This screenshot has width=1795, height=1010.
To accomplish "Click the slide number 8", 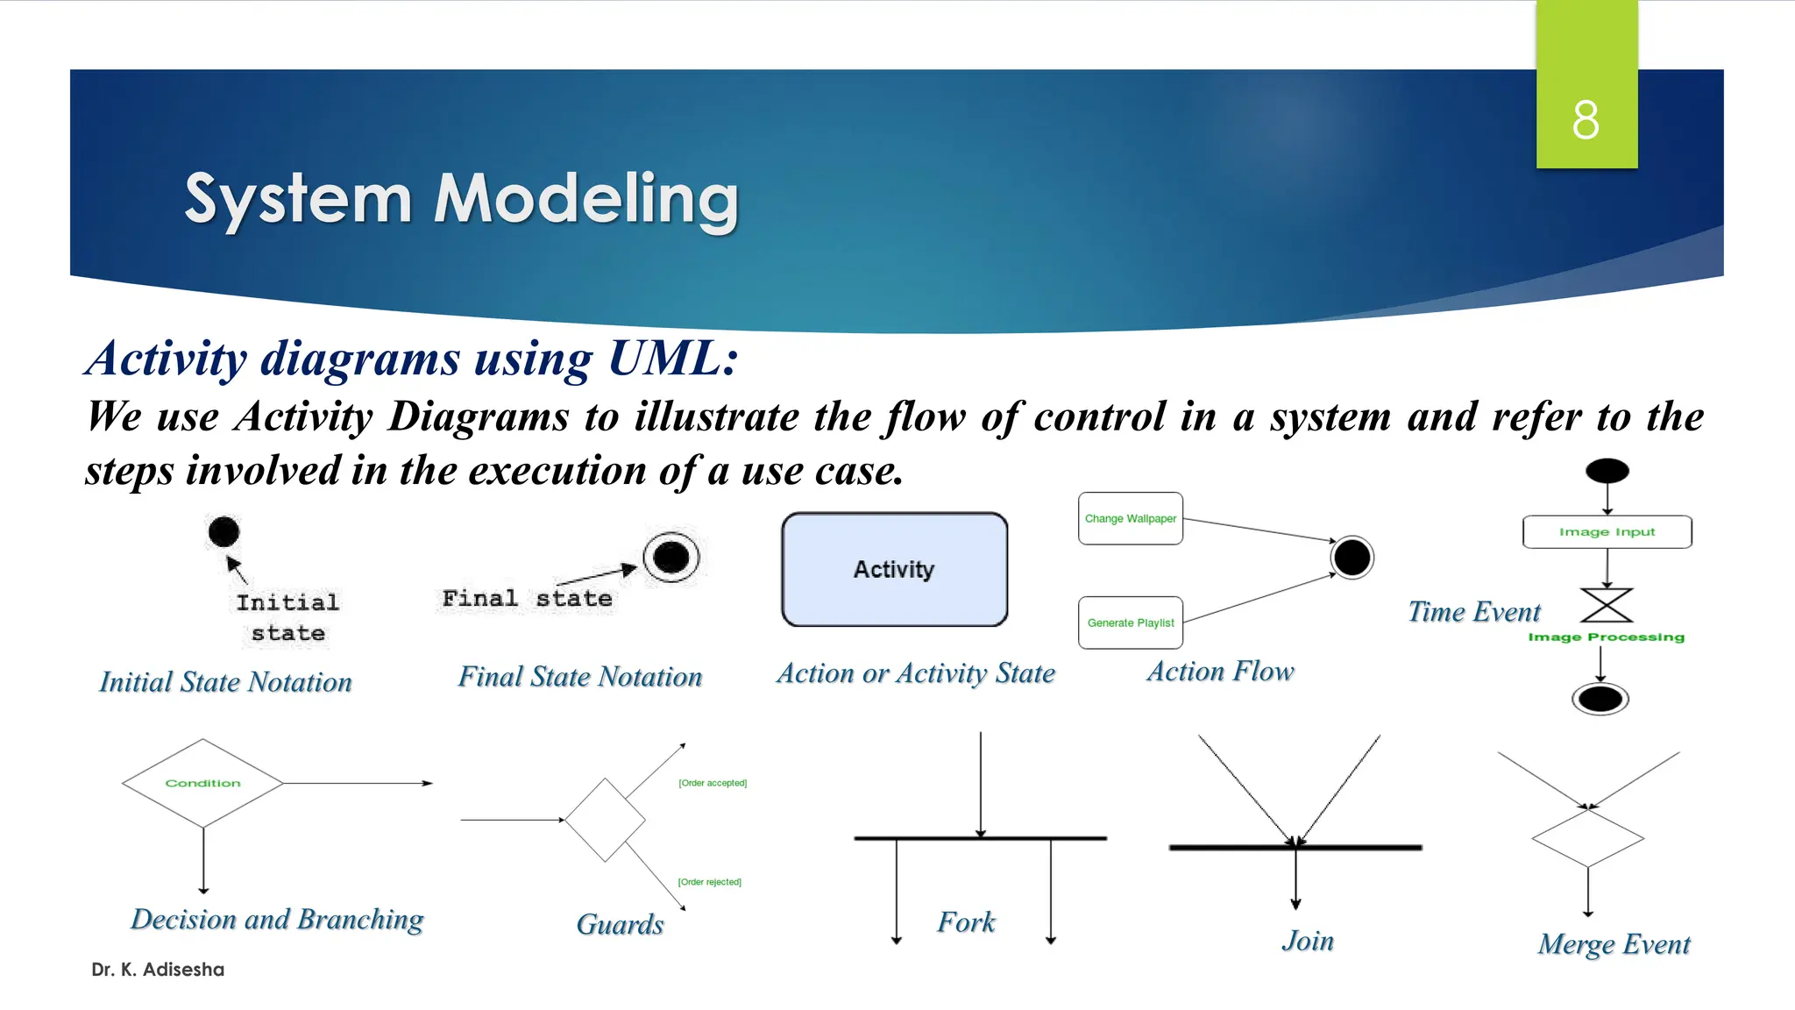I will (1586, 120).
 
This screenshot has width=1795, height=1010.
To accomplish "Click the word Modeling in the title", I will (586, 199).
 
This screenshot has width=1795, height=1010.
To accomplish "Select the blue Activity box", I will (894, 570).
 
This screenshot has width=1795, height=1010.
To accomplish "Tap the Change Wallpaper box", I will (1130, 518).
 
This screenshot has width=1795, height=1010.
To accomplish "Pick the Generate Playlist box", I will (1130, 622).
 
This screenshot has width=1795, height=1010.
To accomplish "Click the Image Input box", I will (1607, 532).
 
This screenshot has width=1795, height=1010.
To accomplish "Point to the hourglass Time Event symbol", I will (1607, 605).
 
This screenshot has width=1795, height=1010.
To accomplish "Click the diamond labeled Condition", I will (202, 783).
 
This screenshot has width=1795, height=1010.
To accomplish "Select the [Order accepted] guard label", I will (712, 783).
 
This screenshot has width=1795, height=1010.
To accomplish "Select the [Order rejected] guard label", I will (709, 882).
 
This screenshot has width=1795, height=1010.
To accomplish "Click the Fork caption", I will (966, 921).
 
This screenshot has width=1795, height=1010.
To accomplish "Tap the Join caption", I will (1307, 941).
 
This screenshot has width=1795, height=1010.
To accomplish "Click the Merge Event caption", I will (1614, 944).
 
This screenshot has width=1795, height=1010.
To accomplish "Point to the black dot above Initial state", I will (223, 531).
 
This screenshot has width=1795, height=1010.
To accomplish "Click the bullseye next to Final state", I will (671, 557).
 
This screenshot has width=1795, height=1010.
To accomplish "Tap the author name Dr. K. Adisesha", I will (158, 970).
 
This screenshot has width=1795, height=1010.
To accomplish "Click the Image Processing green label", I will (1606, 637).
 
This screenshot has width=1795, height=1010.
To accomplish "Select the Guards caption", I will (620, 924).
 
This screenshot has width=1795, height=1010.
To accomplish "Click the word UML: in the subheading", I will (673, 359).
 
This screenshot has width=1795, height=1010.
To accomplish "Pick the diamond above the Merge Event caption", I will (1587, 838).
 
